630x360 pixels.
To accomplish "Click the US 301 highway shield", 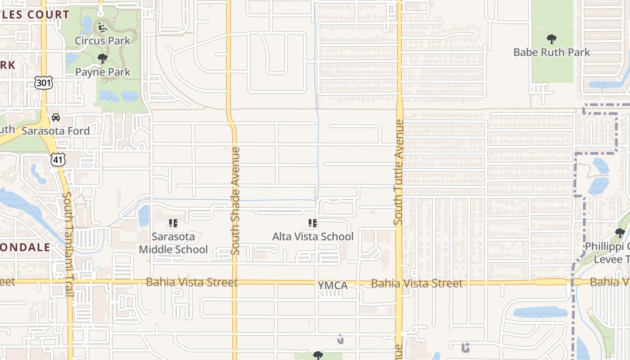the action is (x=43, y=82).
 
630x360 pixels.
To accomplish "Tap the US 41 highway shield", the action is (x=58, y=159).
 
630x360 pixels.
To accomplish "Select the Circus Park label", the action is (x=103, y=40).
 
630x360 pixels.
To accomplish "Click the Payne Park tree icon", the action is (x=103, y=58).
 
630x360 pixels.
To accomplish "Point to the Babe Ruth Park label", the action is (x=551, y=52).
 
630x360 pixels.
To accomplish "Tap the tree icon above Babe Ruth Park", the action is (x=551, y=39).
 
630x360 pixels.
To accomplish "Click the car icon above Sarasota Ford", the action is (x=56, y=117).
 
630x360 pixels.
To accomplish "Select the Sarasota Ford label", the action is (x=56, y=131).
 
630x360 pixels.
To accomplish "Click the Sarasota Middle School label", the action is (x=173, y=243).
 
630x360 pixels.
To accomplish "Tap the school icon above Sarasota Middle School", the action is (x=173, y=223).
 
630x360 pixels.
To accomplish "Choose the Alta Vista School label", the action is (x=313, y=237).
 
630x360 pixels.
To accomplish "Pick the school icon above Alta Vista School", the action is (x=313, y=223).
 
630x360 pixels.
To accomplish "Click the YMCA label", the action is (x=333, y=286).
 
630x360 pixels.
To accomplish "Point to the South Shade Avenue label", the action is (x=235, y=200).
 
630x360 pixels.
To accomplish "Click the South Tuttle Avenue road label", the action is (x=398, y=172).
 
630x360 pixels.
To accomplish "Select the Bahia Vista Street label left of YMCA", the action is (x=192, y=282).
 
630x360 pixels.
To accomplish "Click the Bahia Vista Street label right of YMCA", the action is (x=417, y=283).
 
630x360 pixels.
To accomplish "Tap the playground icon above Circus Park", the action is (x=102, y=27).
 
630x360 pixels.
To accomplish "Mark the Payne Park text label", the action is (x=103, y=72).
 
